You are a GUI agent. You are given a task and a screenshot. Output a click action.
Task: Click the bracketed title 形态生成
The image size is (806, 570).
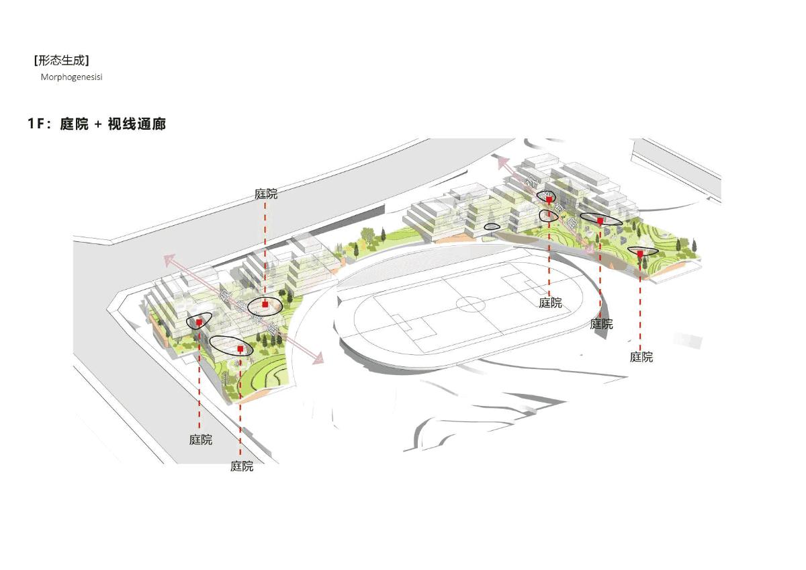click(x=61, y=60)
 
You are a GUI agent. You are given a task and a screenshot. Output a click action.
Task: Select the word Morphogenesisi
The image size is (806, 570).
click(x=71, y=77)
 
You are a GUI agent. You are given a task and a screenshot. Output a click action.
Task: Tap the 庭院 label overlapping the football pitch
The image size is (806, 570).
click(x=550, y=303)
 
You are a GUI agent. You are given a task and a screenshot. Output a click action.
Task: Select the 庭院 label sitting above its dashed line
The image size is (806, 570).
click(x=266, y=194)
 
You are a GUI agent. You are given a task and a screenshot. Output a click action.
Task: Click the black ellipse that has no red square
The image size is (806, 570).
click(x=492, y=227)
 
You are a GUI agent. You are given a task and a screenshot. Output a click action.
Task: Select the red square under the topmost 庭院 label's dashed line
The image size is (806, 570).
click(x=266, y=304)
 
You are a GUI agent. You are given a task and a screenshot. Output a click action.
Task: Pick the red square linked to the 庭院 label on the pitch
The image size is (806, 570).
click(x=549, y=200)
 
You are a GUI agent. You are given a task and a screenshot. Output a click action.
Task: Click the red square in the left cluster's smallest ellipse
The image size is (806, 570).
click(x=199, y=322)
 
